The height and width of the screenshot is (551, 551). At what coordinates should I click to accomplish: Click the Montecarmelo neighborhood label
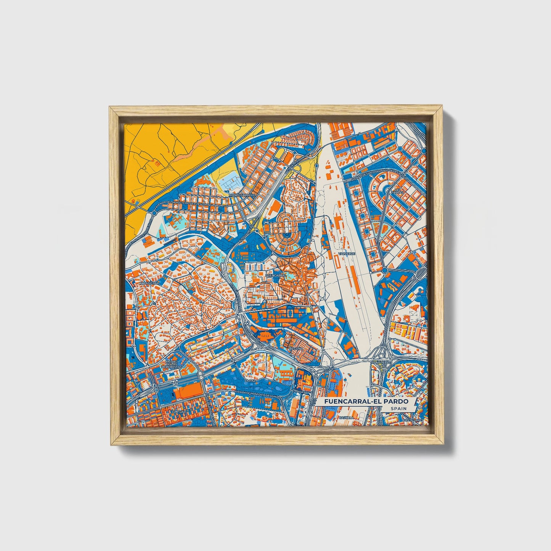point(242,195)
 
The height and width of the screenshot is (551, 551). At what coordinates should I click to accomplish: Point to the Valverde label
point(347,253)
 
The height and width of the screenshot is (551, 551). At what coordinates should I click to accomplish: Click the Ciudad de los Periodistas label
point(169,364)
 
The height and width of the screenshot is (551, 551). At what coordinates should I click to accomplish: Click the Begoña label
point(296,349)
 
